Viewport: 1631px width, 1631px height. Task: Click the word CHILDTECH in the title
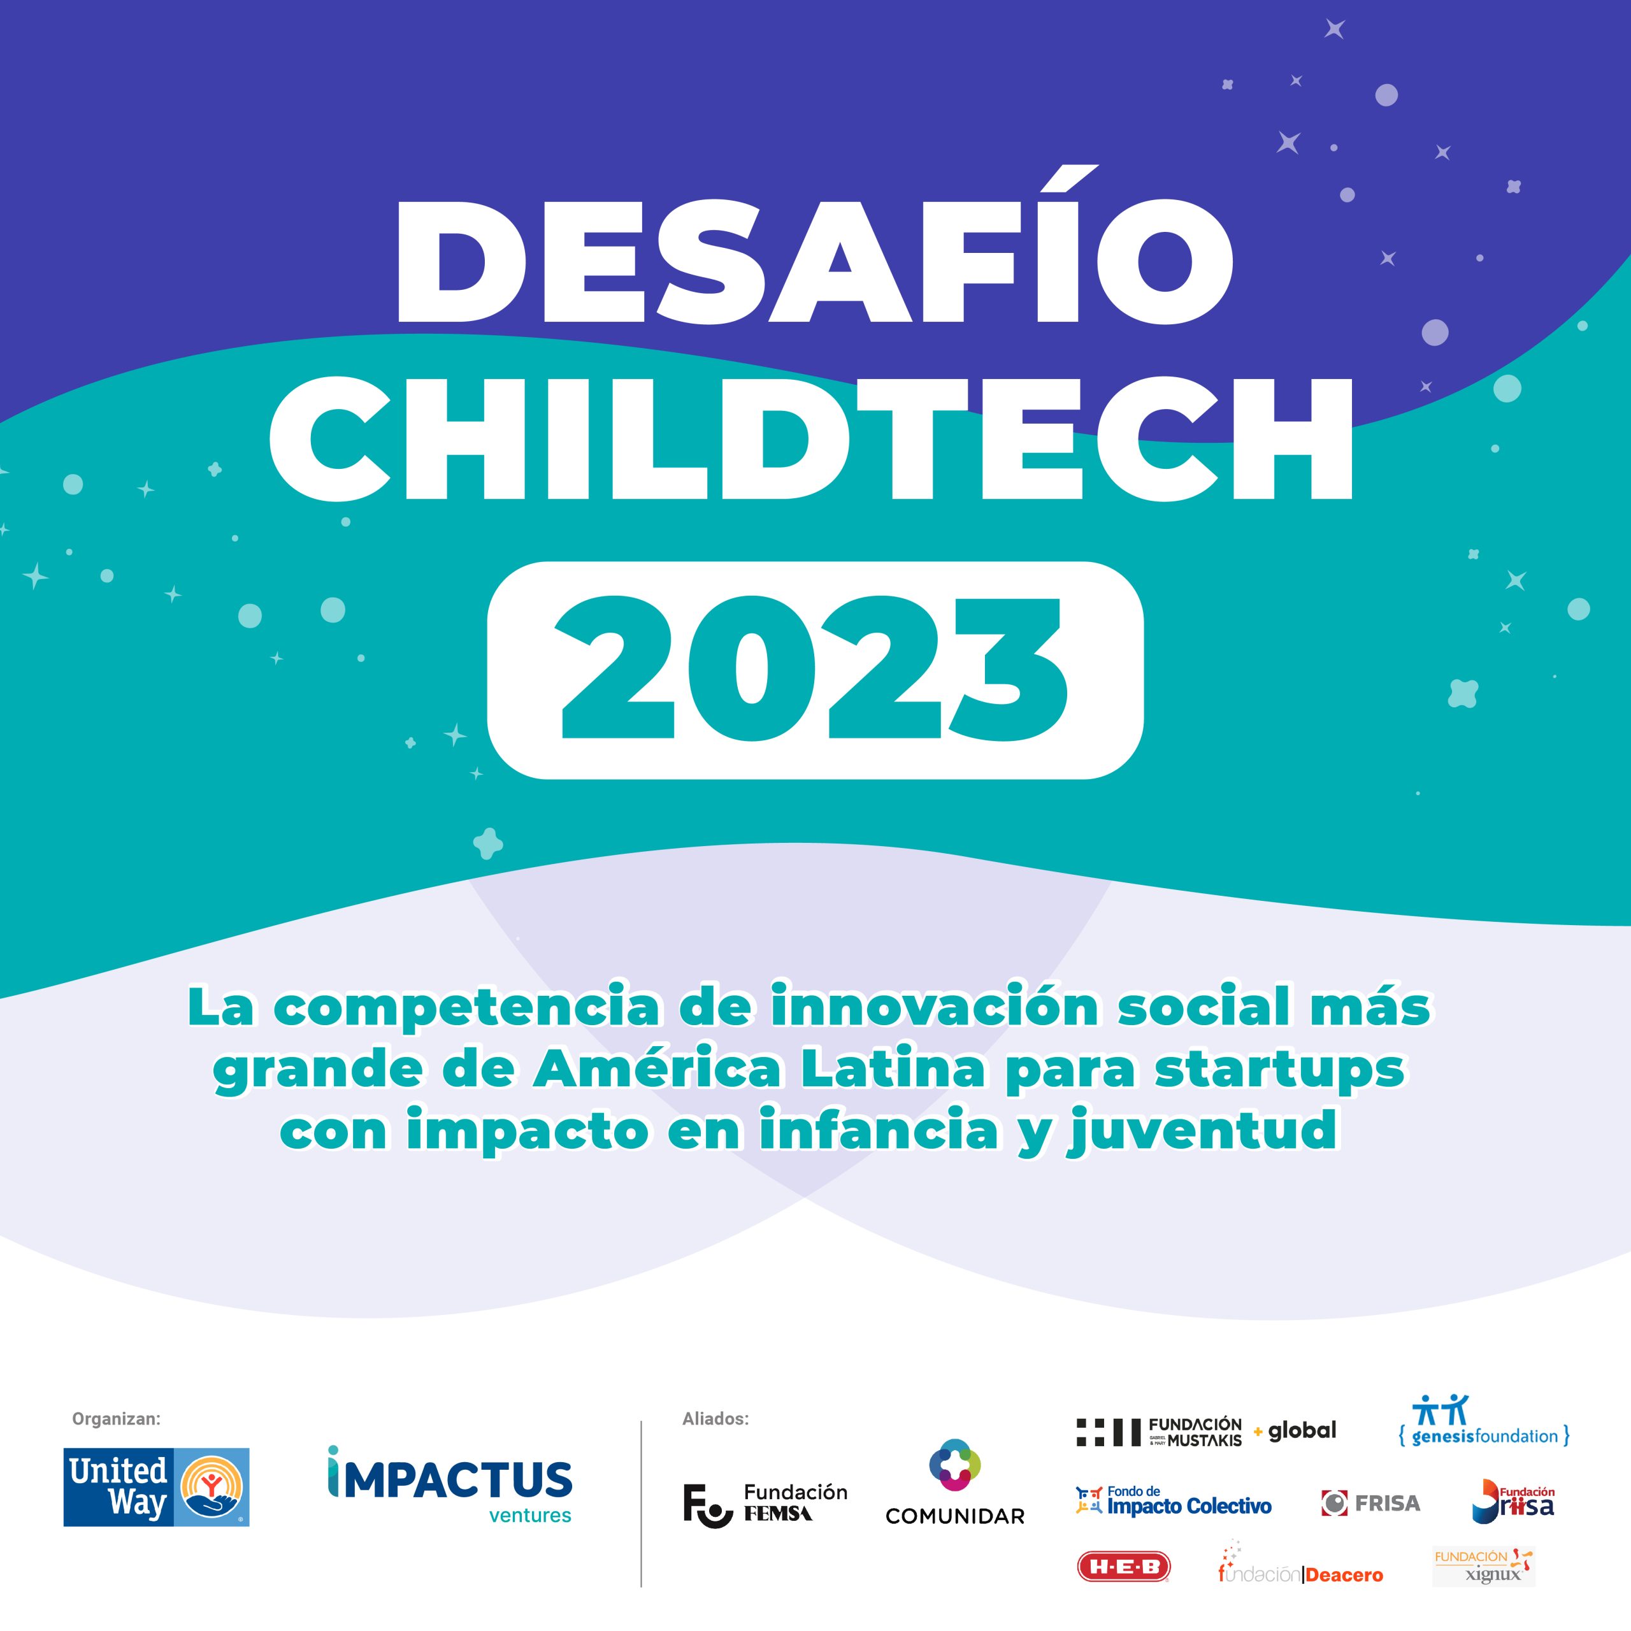click(x=811, y=439)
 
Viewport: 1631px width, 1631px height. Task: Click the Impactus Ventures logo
click(x=450, y=1484)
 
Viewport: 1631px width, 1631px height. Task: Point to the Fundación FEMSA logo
click(x=765, y=1504)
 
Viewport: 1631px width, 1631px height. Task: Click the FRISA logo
click(x=1371, y=1503)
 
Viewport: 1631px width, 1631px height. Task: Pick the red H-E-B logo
click(x=1124, y=1567)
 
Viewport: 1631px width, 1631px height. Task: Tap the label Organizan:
click(x=117, y=1419)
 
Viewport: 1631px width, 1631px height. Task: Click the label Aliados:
click(x=715, y=1419)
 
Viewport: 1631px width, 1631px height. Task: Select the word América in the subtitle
click(x=657, y=1069)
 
